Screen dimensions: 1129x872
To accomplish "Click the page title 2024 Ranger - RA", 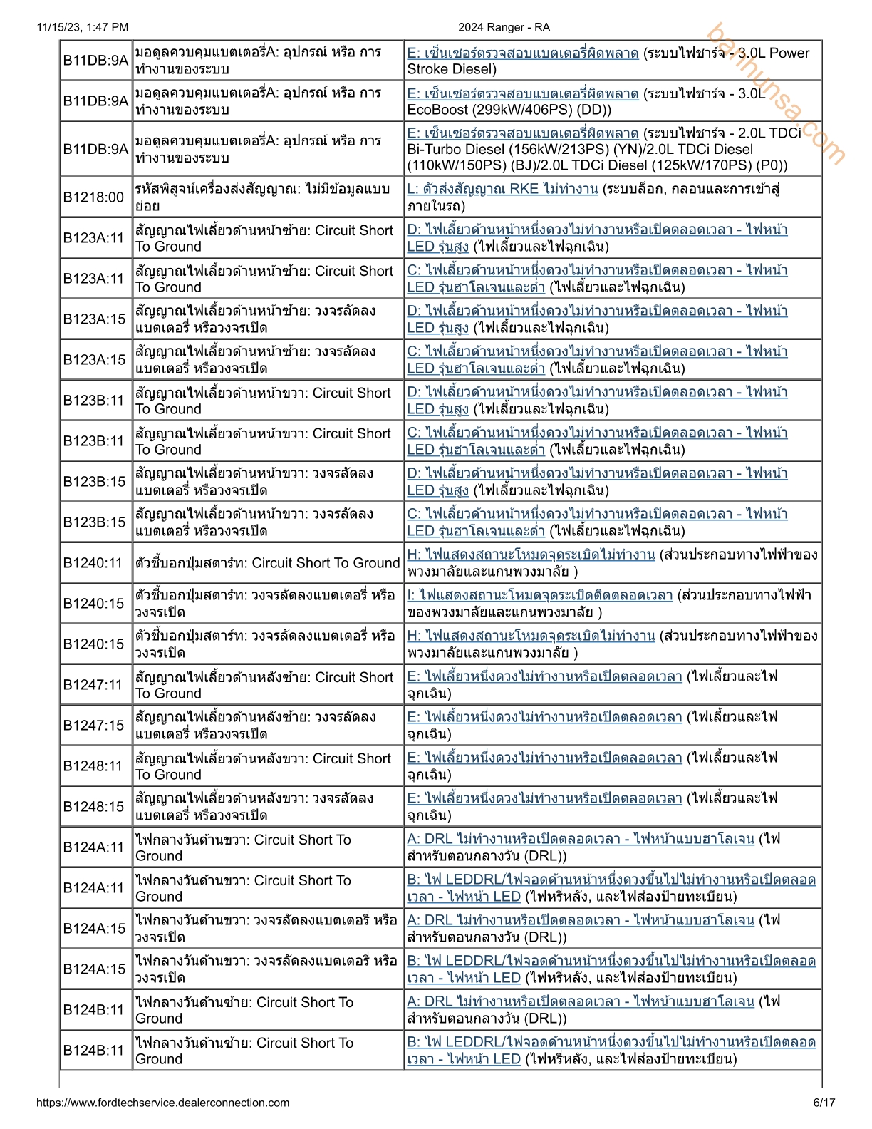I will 504,27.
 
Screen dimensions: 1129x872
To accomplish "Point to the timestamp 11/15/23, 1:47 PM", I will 83,27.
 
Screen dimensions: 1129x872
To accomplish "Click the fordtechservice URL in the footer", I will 162,1103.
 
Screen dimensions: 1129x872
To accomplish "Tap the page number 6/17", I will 824,1103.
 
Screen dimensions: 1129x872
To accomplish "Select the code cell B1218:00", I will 94,197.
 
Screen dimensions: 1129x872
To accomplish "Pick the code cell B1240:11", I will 94,563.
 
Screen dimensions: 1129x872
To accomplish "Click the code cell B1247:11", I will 94,685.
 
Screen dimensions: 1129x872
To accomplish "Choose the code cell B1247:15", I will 94,726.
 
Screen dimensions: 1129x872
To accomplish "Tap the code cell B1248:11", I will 94,766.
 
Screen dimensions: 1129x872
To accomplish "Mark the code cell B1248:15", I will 94,807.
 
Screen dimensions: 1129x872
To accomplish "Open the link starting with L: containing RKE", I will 502,189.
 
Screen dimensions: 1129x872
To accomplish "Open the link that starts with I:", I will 539,595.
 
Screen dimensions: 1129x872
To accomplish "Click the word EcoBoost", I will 437,110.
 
